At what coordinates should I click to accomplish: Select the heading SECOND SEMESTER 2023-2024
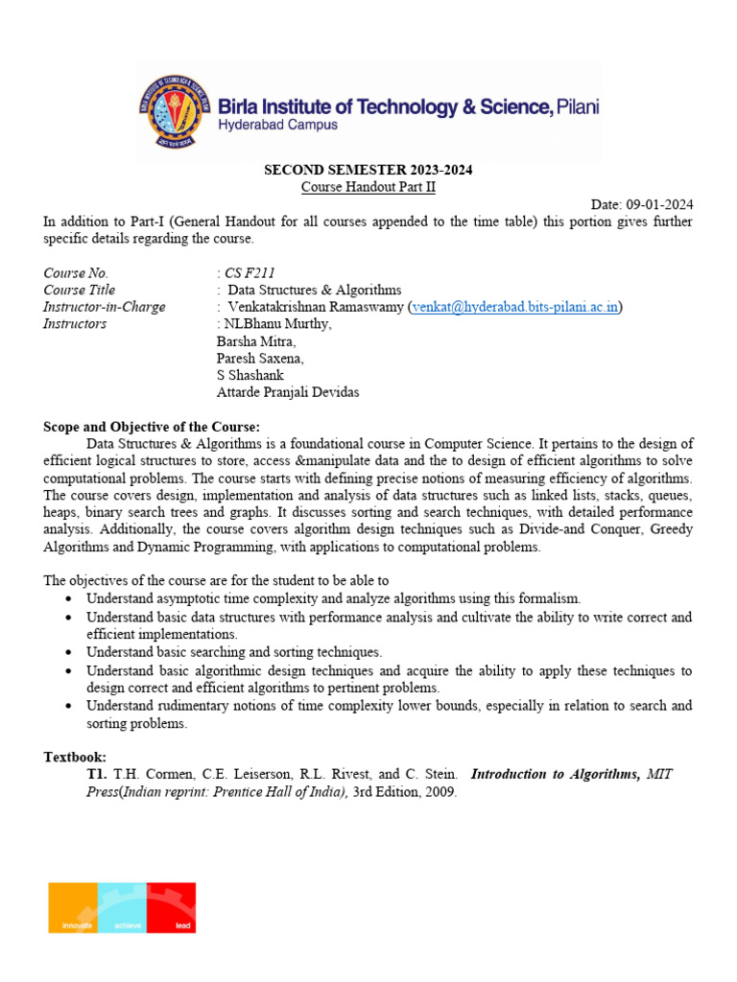[368, 171]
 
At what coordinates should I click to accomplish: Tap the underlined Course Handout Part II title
[368, 188]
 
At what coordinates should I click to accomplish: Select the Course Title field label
[80, 291]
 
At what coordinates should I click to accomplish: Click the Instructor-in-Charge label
[105, 308]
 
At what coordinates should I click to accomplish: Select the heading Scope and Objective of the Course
[152, 427]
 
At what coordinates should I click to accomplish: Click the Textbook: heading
[75, 758]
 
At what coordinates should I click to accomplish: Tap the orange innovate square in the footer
[74, 907]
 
